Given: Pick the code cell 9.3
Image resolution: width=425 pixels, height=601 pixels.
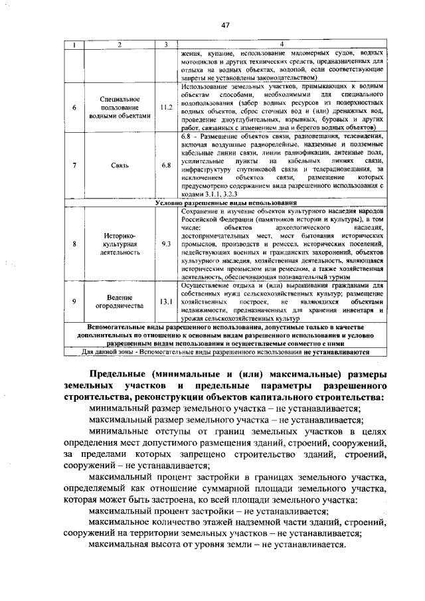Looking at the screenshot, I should pos(167,244).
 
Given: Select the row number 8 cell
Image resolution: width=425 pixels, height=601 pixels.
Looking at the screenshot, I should pos(74,244).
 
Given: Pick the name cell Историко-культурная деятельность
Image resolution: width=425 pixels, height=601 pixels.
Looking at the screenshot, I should pos(120,244).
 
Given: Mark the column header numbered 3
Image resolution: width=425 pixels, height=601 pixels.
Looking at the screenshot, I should pos(167,44).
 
